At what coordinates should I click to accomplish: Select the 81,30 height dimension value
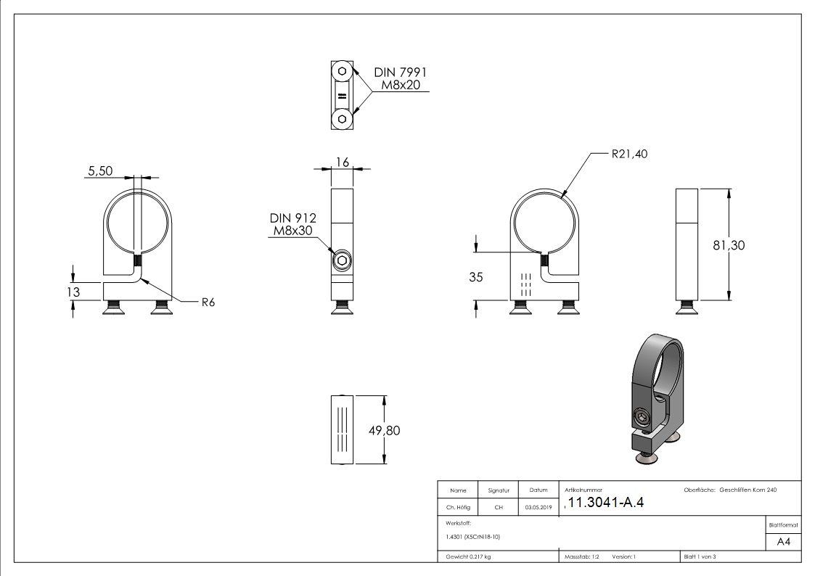point(729,245)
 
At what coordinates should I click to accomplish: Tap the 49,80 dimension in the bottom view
point(384,430)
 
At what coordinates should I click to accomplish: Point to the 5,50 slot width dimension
point(100,171)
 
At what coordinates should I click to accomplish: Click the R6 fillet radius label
point(208,303)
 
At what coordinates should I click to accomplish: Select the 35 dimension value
point(476,276)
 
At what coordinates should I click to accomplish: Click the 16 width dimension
point(342,161)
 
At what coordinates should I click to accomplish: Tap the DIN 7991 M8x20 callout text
point(400,79)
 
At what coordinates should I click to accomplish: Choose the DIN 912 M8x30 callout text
point(293,225)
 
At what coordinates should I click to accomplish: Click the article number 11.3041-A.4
point(605,503)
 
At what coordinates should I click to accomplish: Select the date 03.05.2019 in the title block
point(538,508)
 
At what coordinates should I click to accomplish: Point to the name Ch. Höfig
point(458,508)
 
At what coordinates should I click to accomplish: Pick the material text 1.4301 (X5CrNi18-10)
point(473,537)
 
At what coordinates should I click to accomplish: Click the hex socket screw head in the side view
point(341,260)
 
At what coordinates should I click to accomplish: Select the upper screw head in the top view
point(341,73)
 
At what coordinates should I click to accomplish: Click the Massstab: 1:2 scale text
point(581,556)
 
